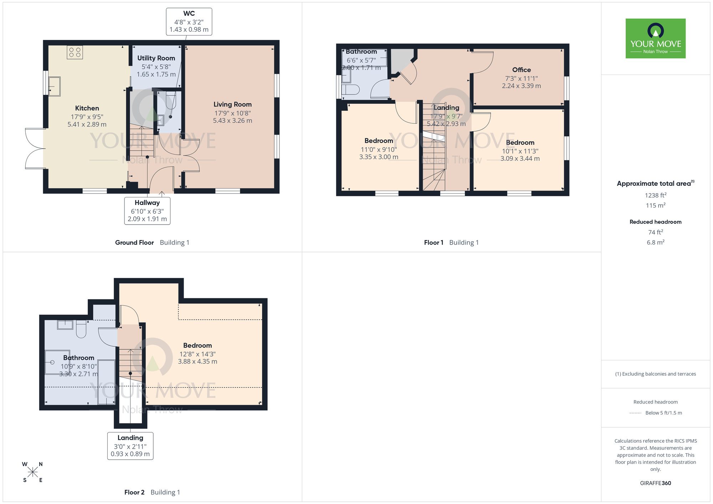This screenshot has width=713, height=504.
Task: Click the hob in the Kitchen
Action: (x=75, y=52)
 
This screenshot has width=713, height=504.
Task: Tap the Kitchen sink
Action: (x=55, y=86)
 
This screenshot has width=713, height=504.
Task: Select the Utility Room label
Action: (x=156, y=58)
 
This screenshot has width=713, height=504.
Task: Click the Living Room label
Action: (x=232, y=104)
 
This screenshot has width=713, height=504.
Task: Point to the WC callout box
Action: (x=189, y=22)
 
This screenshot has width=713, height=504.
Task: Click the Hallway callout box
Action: (x=147, y=211)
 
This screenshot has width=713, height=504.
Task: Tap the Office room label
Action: (x=522, y=70)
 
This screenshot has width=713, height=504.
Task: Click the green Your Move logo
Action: (x=656, y=38)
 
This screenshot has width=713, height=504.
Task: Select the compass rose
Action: (x=32, y=472)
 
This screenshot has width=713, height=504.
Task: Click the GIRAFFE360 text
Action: (x=656, y=483)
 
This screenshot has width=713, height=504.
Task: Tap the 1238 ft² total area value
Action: (x=656, y=195)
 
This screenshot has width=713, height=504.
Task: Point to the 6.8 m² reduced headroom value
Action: (x=656, y=242)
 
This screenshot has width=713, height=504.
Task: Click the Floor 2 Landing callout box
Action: (x=130, y=446)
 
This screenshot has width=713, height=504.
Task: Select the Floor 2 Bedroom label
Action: (x=198, y=345)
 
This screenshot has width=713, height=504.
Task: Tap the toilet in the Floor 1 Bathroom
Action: (x=350, y=89)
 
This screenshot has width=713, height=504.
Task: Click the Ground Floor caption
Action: (x=134, y=243)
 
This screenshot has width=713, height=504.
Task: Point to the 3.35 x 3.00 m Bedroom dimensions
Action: (x=379, y=157)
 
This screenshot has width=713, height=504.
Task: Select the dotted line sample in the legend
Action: (x=635, y=413)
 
